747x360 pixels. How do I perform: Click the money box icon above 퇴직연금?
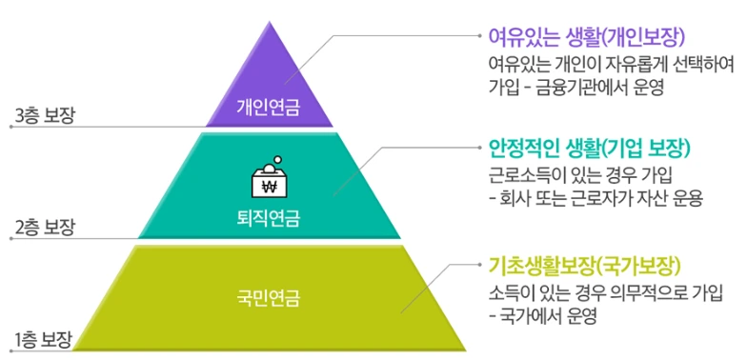click(x=268, y=177)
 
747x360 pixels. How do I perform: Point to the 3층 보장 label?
click(x=45, y=116)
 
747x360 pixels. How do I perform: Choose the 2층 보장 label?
click(x=45, y=229)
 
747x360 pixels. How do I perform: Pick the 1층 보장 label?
click(x=45, y=338)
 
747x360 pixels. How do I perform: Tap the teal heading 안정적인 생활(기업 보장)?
click(x=588, y=150)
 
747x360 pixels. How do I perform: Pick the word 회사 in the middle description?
click(x=515, y=200)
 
